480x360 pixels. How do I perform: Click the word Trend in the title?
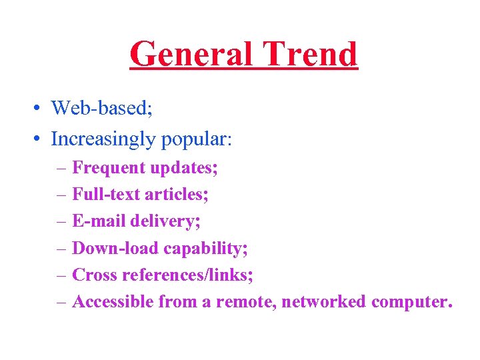click(311, 55)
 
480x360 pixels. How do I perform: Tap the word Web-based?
click(101, 107)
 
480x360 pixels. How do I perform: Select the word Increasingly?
click(102, 139)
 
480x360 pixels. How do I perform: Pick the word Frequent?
click(109, 168)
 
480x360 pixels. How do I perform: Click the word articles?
click(174, 195)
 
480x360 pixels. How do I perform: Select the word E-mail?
click(99, 221)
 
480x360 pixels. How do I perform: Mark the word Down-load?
click(115, 248)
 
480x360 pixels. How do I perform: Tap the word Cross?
click(92, 275)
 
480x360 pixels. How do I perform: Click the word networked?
click(324, 302)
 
